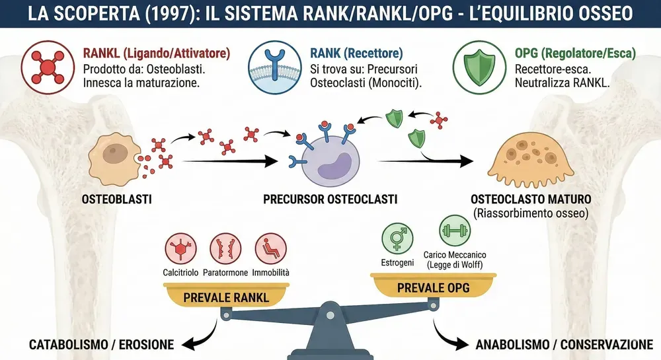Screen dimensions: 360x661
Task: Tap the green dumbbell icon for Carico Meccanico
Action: [x=454, y=232]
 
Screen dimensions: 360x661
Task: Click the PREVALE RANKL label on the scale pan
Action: [x=225, y=297]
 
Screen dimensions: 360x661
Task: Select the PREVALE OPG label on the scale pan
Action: [x=430, y=289]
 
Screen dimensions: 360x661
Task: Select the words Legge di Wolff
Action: [x=455, y=265]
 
